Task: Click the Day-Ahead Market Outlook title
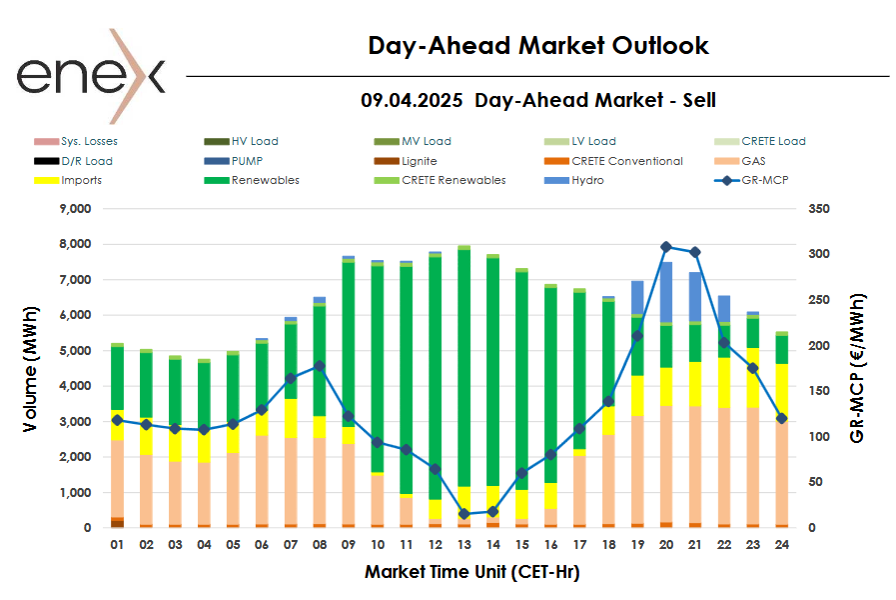(537, 45)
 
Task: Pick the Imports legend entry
(81, 181)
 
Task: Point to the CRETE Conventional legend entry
(626, 161)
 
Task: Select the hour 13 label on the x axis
(463, 545)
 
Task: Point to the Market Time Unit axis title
(470, 573)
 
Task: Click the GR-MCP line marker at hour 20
(667, 247)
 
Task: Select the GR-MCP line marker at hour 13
(463, 514)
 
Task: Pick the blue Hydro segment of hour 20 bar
(667, 292)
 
